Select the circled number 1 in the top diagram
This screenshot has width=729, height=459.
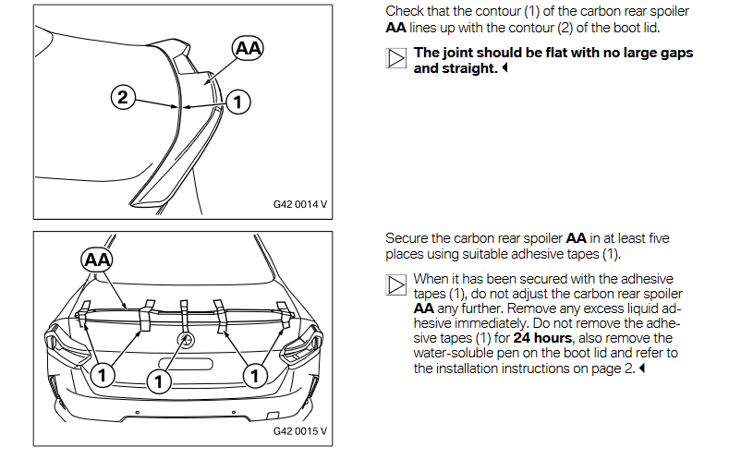tap(238, 103)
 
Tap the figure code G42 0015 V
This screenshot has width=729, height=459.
tap(300, 431)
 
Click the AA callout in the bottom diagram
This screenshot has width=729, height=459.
tap(97, 260)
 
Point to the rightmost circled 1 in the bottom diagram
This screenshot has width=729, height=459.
tap(253, 375)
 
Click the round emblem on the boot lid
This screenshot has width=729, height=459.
tap(185, 340)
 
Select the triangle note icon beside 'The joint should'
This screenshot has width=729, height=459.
tap(395, 60)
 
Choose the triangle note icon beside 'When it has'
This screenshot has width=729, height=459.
tap(395, 284)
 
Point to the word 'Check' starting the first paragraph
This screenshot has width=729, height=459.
tap(404, 11)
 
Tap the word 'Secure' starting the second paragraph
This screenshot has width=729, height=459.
tap(407, 238)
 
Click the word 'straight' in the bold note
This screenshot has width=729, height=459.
tap(469, 68)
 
